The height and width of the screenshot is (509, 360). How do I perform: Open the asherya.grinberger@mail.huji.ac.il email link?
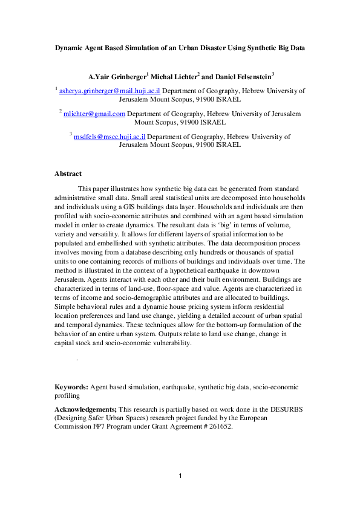(109, 91)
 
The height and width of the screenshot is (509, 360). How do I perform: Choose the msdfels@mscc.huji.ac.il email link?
(110, 137)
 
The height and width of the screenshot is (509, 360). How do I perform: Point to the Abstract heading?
(68, 173)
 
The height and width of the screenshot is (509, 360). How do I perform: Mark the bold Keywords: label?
(71, 386)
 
